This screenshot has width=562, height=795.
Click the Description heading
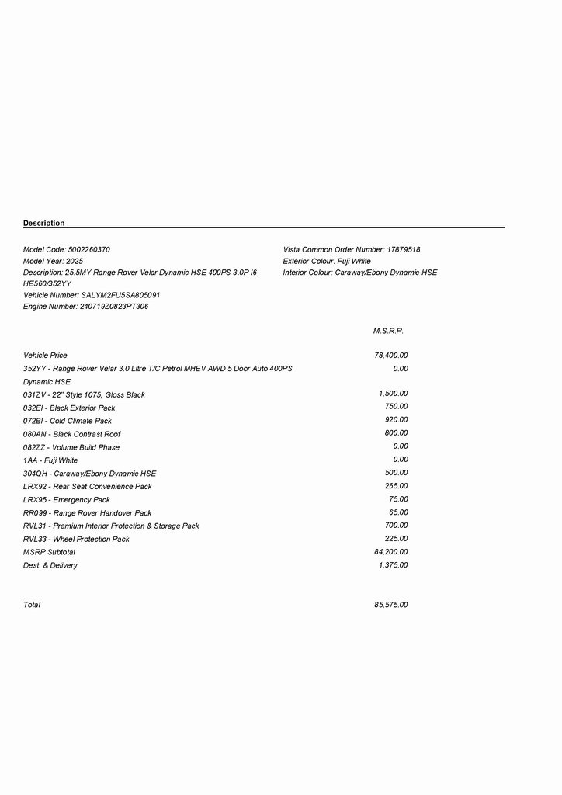(x=44, y=224)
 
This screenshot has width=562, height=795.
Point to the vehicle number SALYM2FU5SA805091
(x=120, y=296)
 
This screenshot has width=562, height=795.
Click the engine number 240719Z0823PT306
(x=114, y=307)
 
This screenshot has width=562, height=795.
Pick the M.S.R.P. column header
(x=388, y=332)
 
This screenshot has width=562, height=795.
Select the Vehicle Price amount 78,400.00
(x=391, y=356)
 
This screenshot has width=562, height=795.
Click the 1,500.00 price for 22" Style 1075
(x=393, y=394)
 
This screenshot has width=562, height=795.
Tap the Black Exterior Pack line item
(x=69, y=408)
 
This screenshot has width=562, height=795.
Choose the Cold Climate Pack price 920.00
(x=396, y=420)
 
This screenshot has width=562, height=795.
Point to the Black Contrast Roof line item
(x=72, y=434)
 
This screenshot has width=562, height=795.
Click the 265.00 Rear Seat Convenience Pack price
(x=396, y=486)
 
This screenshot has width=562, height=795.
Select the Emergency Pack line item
(x=67, y=500)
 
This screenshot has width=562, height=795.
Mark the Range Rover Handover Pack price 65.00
(x=398, y=512)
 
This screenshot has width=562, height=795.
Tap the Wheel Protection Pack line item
(x=76, y=540)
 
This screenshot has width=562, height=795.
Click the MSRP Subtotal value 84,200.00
(x=391, y=552)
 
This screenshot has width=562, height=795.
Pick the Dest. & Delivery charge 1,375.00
(x=393, y=565)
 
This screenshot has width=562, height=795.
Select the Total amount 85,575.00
(x=391, y=605)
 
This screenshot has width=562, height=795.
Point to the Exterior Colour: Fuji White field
(x=327, y=262)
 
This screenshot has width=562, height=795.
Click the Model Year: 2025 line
(x=53, y=262)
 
